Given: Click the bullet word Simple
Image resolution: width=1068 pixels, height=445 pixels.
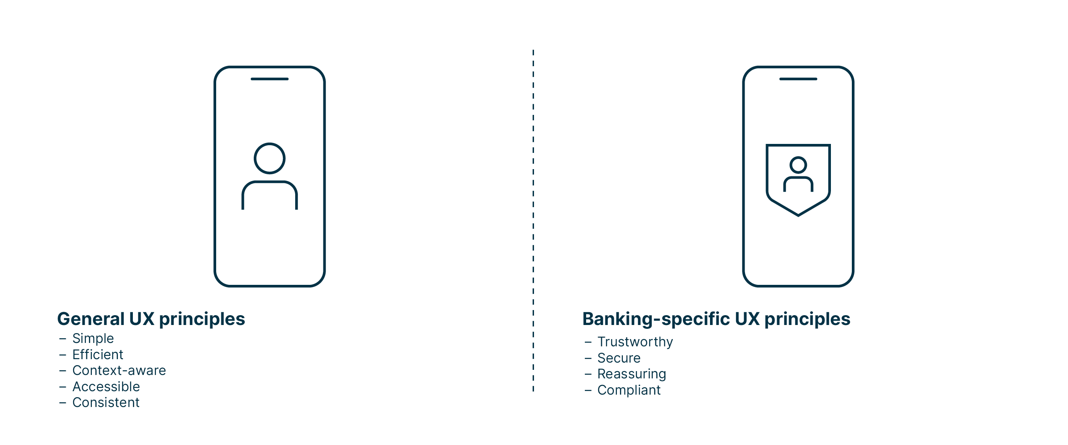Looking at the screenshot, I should [93, 339].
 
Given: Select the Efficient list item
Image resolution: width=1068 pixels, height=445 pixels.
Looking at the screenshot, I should [97, 355].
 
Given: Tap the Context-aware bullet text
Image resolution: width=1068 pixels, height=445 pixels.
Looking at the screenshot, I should [119, 371].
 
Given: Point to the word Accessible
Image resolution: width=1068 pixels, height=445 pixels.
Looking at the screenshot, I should [106, 387].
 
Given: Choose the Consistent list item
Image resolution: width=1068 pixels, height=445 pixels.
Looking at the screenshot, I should [106, 403].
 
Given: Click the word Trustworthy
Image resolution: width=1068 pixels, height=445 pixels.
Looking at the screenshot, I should [635, 342].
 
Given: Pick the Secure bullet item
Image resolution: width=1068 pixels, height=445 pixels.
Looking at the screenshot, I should [619, 358].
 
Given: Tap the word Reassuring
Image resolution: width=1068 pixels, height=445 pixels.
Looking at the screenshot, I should [631, 374].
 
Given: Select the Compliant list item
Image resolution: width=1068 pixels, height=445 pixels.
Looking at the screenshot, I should [628, 390].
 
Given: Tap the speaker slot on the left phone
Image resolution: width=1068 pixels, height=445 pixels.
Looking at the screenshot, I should [270, 79].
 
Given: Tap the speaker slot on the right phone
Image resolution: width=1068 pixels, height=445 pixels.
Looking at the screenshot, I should [798, 79].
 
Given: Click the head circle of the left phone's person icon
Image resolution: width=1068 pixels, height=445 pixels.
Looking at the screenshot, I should [270, 158].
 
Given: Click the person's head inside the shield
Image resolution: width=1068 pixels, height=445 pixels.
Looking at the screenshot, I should [798, 165].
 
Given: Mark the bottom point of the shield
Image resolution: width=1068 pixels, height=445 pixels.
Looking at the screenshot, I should [798, 215].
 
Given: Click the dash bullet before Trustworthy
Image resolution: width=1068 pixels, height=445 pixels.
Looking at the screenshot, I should [588, 342].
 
